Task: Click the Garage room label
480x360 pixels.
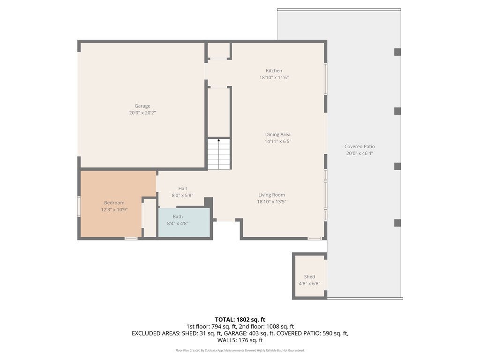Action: (142, 106)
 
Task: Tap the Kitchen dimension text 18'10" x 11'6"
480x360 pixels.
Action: (274, 77)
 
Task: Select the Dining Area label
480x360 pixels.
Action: (277, 135)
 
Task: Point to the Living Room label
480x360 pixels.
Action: (271, 195)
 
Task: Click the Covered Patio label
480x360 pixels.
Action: (360, 146)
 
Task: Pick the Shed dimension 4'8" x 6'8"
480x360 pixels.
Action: (309, 284)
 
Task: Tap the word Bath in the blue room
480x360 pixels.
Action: (178, 217)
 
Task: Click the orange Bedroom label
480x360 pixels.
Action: (114, 202)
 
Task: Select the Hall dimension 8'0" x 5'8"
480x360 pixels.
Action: (182, 195)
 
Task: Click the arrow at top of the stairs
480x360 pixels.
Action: (218, 140)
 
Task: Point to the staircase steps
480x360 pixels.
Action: (219, 154)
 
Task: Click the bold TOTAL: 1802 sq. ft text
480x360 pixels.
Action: (240, 320)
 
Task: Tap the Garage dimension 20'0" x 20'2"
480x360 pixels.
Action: (142, 112)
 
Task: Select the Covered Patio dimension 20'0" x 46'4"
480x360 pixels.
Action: (360, 153)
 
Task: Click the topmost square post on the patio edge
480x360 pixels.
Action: (397, 52)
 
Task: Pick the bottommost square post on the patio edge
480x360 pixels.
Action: (397, 223)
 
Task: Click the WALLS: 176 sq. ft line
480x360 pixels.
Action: (240, 340)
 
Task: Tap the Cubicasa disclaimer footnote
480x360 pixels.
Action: (240, 350)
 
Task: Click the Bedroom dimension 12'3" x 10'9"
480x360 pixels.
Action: (114, 210)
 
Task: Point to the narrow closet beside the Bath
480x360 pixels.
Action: (150, 217)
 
